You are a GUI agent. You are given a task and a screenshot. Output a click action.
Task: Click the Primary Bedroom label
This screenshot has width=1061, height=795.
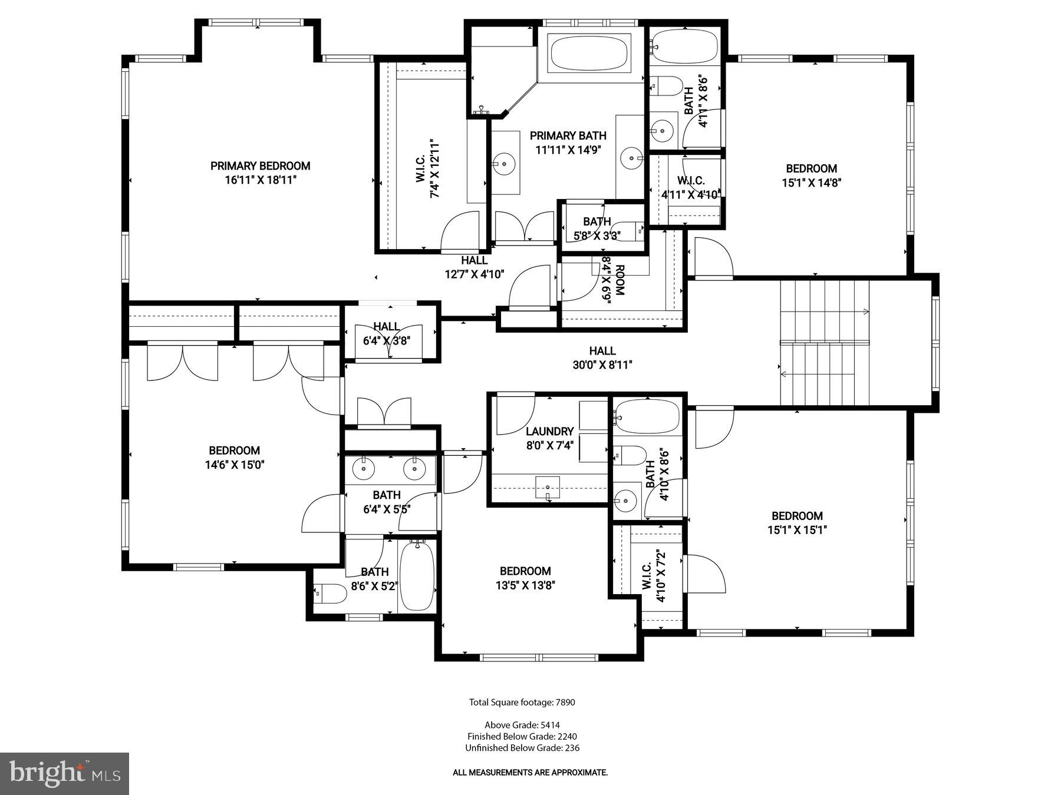click(260, 166)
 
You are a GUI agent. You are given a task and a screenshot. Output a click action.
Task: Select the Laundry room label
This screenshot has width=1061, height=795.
click(549, 431)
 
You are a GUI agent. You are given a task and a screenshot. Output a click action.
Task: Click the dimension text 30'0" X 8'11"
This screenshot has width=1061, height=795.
click(602, 365)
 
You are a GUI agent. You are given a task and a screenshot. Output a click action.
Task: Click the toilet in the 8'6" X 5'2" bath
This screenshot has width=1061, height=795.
click(330, 594)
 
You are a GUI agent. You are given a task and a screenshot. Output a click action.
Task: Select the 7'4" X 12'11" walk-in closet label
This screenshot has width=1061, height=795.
click(428, 169)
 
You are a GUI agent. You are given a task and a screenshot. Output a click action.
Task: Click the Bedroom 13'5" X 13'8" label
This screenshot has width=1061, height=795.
click(525, 571)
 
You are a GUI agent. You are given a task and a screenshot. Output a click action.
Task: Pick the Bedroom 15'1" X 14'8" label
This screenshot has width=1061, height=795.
click(811, 168)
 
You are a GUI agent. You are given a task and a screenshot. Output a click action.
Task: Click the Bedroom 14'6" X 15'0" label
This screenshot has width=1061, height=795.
click(234, 451)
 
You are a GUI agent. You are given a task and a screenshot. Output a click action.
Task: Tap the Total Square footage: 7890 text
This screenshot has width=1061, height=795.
click(522, 702)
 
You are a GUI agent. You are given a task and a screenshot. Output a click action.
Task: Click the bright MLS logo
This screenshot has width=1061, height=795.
click(64, 773)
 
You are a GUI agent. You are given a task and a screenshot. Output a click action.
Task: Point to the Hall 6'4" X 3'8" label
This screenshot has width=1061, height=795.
click(386, 327)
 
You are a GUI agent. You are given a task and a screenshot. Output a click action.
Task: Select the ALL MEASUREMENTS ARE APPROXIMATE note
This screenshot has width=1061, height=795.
click(529, 773)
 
